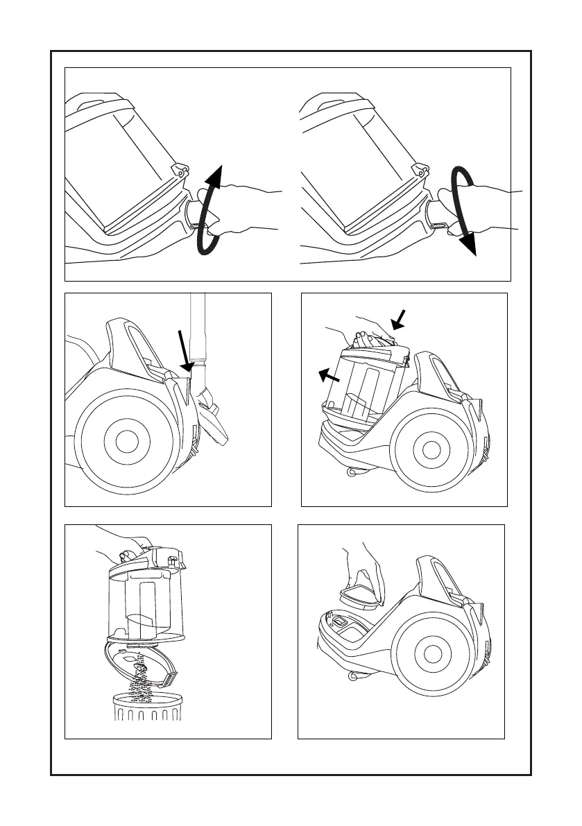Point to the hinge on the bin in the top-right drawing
point(420,168)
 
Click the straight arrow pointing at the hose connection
point(184,350)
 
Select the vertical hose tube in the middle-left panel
point(199,326)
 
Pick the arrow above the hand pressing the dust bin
point(398,320)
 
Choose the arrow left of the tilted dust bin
point(329,375)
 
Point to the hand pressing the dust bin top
point(368,336)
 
